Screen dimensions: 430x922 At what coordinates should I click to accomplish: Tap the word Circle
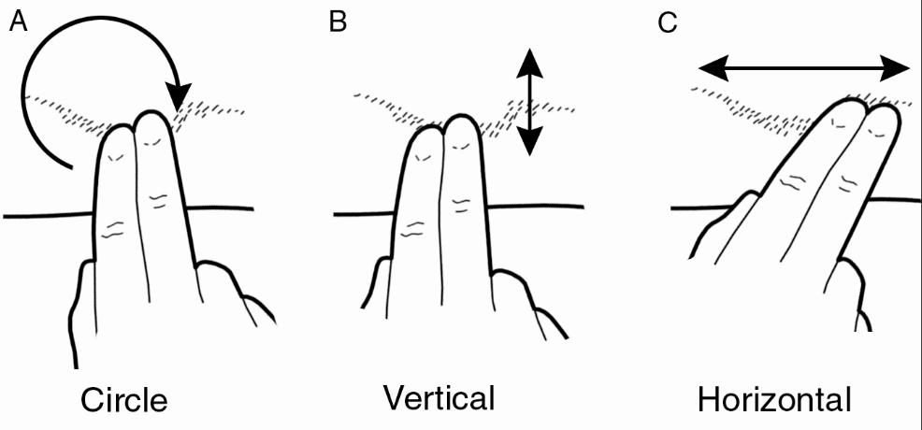point(124,400)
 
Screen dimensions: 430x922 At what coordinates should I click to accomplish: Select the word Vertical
point(439,398)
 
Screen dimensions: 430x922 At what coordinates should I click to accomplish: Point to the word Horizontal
point(774,400)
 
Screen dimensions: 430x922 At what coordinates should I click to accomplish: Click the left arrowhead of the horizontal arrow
point(713,66)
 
